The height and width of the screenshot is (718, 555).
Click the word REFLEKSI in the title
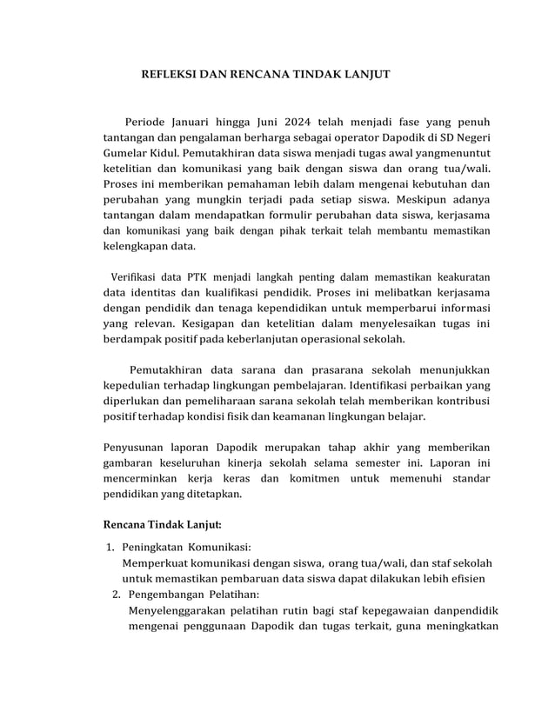tap(170, 75)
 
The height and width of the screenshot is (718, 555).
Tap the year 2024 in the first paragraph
tap(288, 121)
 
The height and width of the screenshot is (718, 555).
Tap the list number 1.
tap(110, 548)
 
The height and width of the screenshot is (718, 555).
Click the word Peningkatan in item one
tap(155, 548)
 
